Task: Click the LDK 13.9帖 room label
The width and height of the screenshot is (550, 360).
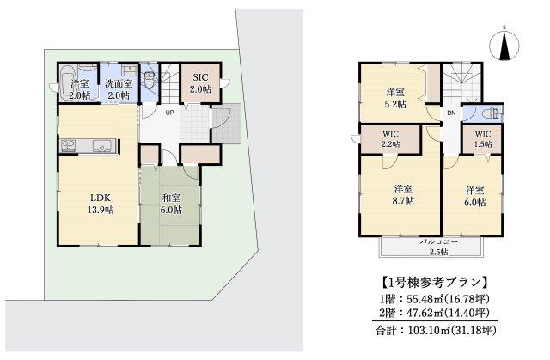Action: tap(101, 204)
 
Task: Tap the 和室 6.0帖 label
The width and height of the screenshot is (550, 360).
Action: tap(172, 204)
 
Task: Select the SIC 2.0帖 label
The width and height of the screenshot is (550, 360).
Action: tap(200, 83)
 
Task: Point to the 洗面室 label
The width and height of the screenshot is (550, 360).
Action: tap(119, 84)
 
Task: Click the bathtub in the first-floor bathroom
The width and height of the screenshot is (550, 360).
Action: tap(67, 82)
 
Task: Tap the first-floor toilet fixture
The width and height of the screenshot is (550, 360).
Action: tap(150, 80)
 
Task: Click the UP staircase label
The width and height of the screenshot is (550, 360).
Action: tap(170, 113)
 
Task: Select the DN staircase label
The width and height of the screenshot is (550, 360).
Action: tap(451, 113)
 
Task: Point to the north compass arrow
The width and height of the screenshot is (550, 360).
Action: tap(504, 45)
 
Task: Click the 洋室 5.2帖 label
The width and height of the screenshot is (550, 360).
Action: tap(396, 98)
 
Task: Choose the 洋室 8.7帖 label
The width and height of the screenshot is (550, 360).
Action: tap(403, 195)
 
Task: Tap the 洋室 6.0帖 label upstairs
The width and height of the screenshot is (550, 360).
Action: tap(475, 196)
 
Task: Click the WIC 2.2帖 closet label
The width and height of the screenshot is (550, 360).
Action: tap(390, 139)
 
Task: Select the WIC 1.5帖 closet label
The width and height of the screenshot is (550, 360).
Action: tap(483, 139)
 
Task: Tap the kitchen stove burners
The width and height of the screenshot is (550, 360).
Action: tap(69, 145)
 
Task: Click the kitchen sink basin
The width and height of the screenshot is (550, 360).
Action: tap(102, 145)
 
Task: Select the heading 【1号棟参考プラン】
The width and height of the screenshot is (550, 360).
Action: tap(434, 282)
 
